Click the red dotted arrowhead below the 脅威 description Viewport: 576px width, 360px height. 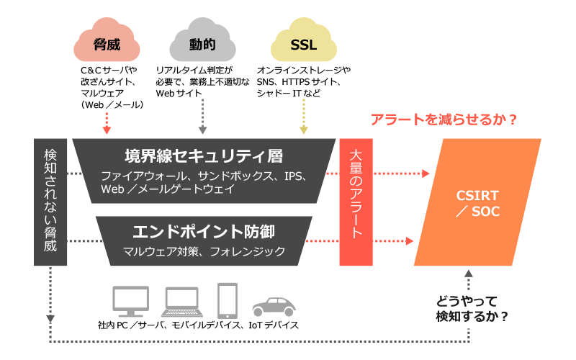point(107,130)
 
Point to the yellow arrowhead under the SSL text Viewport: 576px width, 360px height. point(303,130)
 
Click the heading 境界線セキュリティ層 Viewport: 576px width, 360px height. point(204,156)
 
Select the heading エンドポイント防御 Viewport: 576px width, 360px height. point(204,231)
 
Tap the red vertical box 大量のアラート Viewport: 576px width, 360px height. point(356,202)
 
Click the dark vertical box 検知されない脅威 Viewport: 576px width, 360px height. point(50,202)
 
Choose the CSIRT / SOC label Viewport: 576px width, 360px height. point(477,203)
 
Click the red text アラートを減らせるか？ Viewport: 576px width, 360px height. point(444,120)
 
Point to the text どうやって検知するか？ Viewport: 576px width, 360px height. point(472,309)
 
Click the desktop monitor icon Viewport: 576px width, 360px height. point(131,301)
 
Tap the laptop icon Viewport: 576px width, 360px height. point(182,302)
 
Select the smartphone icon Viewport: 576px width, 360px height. point(228,300)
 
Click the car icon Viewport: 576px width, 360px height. point(274,307)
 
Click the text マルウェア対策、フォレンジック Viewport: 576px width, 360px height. point(204,251)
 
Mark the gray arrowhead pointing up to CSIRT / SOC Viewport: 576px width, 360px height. point(469,274)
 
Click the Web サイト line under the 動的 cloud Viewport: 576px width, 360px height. point(179,94)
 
